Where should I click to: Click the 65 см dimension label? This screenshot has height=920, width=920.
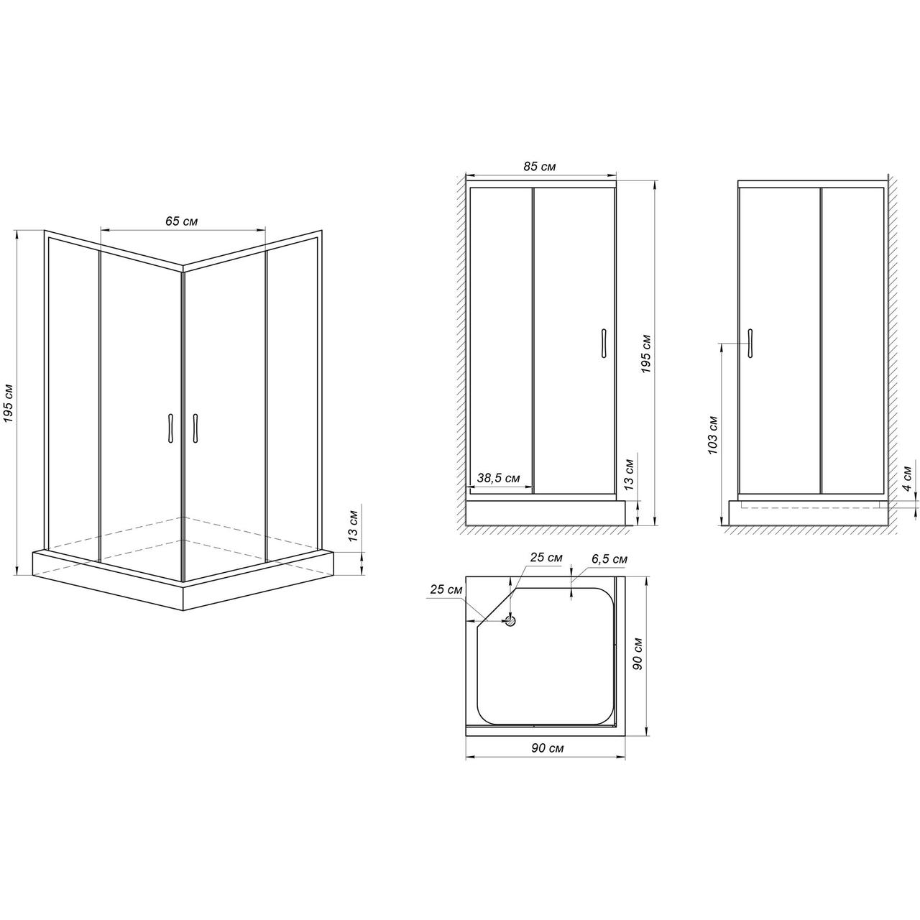(181, 221)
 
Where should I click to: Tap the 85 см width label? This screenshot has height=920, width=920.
(540, 167)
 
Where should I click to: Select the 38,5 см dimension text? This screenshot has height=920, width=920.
(498, 478)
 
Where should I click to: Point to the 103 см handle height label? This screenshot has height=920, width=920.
(712, 435)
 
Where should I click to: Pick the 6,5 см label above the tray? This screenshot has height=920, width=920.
(609, 559)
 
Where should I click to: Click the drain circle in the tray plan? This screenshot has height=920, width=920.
(511, 621)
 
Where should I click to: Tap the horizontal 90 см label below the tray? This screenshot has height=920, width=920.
(547, 748)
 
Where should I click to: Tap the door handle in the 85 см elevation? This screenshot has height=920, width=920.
(604, 343)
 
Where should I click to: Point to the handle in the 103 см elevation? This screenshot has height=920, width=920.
(750, 343)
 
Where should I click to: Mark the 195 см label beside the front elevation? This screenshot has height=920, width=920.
(645, 354)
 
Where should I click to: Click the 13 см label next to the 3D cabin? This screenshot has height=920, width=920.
(353, 526)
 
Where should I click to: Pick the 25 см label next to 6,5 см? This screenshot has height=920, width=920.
(546, 557)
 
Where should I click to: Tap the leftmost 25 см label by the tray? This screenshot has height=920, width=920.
(446, 589)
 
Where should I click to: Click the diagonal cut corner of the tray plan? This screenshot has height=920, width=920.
(495, 605)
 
